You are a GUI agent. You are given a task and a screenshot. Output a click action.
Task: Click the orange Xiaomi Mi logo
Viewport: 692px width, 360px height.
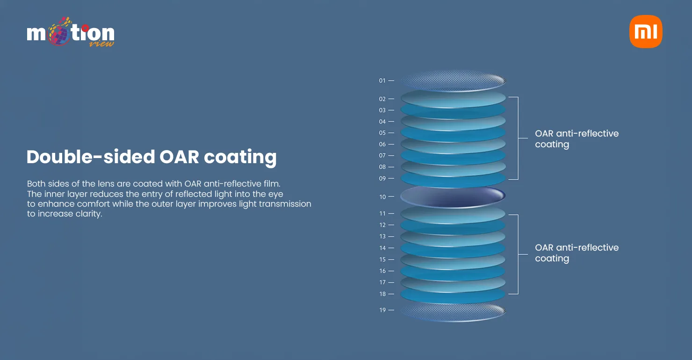tap(646, 31)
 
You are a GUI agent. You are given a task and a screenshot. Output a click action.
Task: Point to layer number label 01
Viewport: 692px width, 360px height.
tap(382, 81)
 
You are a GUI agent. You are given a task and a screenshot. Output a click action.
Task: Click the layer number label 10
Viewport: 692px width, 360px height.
tap(382, 197)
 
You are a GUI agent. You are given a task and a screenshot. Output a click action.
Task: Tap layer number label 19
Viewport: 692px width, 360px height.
tap(382, 310)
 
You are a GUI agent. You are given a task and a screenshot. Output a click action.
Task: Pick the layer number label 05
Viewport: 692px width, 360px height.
tap(382, 133)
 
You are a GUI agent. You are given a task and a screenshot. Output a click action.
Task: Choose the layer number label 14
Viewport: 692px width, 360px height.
tap(382, 248)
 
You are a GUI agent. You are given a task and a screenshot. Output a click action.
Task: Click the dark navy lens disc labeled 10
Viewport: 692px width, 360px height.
tap(453, 196)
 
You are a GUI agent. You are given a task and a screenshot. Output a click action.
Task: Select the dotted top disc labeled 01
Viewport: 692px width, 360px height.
tap(453, 81)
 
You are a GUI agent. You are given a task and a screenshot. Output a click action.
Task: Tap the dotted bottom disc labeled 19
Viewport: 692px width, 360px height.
tap(453, 311)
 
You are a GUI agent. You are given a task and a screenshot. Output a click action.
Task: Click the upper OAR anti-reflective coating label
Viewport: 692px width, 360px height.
tap(577, 139)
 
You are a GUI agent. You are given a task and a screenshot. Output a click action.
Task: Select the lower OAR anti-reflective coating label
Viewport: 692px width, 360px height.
tap(577, 253)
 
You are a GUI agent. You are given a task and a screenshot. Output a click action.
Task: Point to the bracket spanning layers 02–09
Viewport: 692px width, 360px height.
tap(518, 138)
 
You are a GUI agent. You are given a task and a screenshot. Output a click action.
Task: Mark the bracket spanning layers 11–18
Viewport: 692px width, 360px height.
tap(518, 254)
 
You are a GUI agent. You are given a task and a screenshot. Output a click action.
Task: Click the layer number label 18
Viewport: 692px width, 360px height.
tap(382, 294)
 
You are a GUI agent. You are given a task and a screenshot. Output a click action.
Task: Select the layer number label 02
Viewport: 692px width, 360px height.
tap(382, 99)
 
